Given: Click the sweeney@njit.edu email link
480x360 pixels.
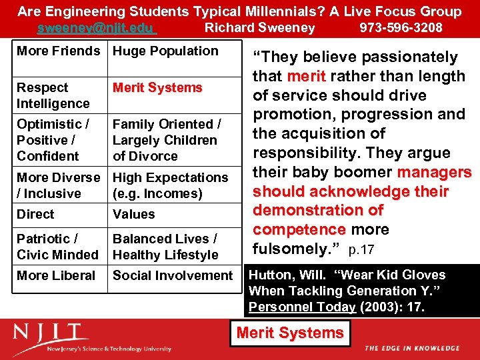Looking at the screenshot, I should [96, 28].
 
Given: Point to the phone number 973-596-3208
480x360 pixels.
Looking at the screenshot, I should [401, 28].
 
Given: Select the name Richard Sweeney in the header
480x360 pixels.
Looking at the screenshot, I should [259, 28].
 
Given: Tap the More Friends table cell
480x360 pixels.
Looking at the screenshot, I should [59, 51].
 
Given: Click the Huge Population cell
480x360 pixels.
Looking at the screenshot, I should [165, 51].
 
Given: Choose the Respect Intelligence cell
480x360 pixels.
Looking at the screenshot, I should [53, 95].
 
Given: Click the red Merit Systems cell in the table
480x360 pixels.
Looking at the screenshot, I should [157, 88].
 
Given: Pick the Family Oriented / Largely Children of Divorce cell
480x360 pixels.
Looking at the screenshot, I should [166, 140].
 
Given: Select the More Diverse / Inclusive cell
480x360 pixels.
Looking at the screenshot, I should [59, 185].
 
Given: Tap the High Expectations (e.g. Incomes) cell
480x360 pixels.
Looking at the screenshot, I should [170, 185].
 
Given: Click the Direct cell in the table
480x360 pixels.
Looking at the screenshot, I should [36, 215].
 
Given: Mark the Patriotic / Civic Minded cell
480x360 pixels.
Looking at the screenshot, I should [57, 247].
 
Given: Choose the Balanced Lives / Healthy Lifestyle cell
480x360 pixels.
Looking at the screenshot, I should [165, 247].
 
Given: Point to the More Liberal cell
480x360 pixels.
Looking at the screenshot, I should [56, 275].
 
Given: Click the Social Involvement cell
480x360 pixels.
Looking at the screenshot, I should [173, 275].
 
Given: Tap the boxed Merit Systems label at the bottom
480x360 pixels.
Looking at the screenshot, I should [290, 333].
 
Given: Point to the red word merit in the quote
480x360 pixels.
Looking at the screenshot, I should [307, 77].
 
